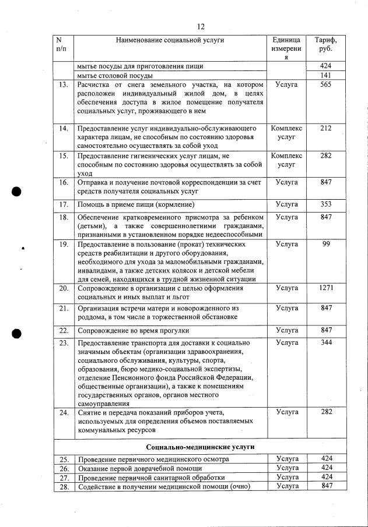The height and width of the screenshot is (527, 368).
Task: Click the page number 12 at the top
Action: point(201,26)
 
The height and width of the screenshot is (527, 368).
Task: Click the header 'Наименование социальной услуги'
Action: point(170,40)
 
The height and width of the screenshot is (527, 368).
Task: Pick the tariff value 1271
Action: point(326,288)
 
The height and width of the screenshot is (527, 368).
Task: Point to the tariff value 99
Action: point(326,245)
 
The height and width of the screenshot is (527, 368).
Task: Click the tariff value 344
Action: point(326,342)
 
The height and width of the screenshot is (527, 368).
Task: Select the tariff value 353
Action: point(326,204)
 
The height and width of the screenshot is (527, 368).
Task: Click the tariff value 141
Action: point(326,75)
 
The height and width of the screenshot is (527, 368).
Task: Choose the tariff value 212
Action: point(326,128)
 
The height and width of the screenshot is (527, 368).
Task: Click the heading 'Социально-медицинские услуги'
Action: point(201,447)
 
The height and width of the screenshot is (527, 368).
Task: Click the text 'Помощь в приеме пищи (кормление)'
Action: point(135,204)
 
